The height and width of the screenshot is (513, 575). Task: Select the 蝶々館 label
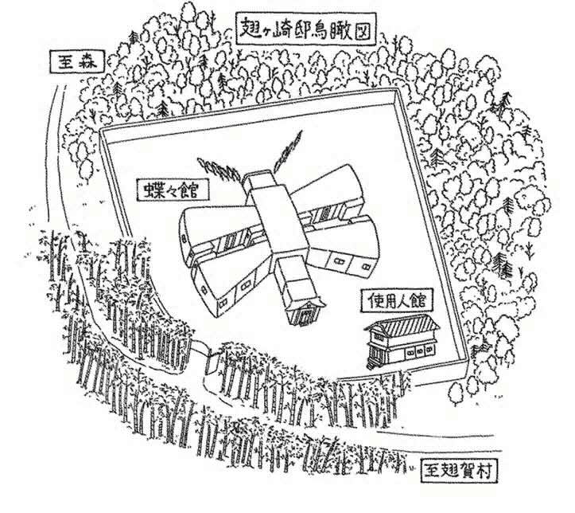tap(169, 191)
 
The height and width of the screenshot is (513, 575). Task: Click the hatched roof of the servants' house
tap(404, 323)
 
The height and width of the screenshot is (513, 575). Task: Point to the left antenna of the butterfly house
tap(220, 164)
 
